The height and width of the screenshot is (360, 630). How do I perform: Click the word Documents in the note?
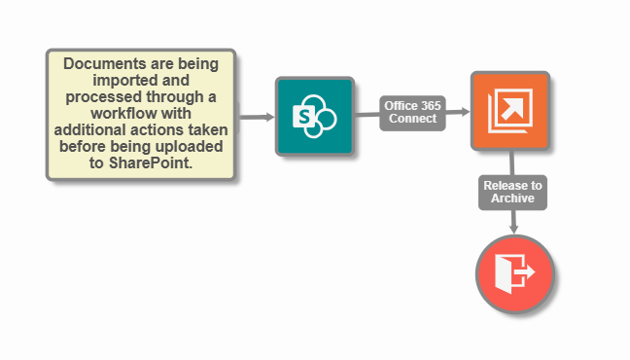(x=101, y=63)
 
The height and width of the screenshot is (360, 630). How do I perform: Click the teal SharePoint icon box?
(x=314, y=117)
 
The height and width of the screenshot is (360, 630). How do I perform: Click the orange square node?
(x=510, y=111)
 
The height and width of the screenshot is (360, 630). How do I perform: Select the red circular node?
(x=514, y=273)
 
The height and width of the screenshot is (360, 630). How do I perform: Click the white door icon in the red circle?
(x=510, y=273)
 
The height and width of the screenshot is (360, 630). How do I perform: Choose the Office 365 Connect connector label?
(x=413, y=112)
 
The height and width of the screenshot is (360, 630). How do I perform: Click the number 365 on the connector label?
(x=430, y=105)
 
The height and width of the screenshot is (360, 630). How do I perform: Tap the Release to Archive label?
(x=512, y=192)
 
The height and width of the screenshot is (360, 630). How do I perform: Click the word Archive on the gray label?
(x=512, y=198)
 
